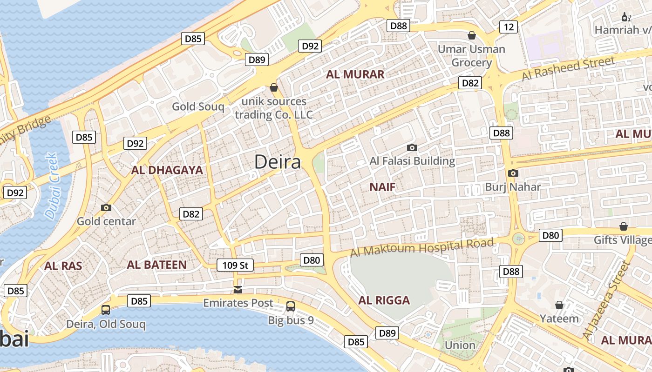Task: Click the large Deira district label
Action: (278, 162)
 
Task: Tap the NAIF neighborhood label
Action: (382, 187)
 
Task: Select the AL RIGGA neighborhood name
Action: (384, 300)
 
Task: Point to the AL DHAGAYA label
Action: (167, 170)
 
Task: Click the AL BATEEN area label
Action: (157, 265)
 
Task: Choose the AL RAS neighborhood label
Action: (63, 266)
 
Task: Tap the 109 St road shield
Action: (235, 266)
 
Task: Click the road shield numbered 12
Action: (509, 27)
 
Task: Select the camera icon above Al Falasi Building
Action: (412, 148)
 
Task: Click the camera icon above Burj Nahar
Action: (513, 173)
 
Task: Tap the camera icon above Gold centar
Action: (106, 208)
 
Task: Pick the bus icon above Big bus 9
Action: (291, 306)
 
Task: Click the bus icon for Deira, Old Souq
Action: (106, 310)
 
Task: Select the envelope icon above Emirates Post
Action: (238, 290)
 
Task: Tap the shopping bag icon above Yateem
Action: (559, 306)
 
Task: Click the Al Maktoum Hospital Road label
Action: (421, 247)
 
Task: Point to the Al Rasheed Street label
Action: (568, 68)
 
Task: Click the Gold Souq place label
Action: (198, 106)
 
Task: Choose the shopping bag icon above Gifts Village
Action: (624, 226)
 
